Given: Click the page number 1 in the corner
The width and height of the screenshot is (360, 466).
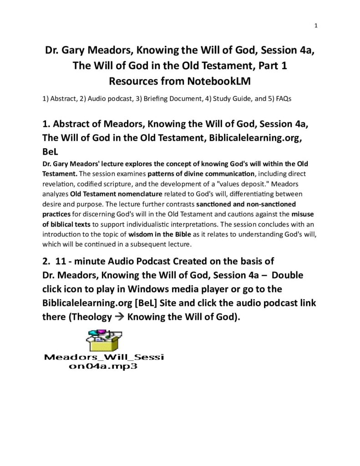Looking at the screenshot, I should [x=316, y=25].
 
